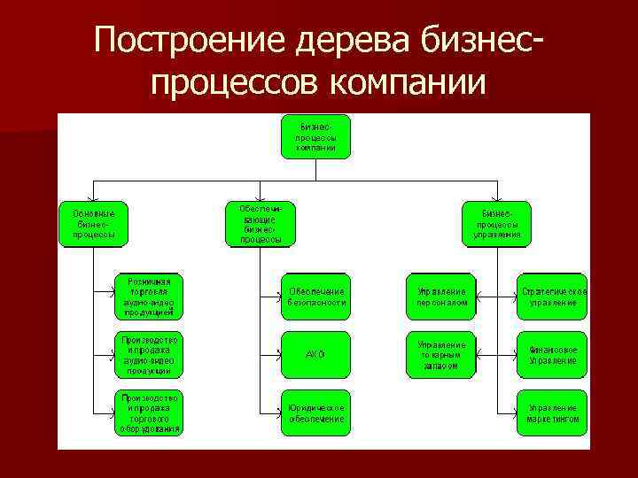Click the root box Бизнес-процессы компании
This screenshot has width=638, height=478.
click(x=315, y=136)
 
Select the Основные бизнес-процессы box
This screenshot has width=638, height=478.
click(x=93, y=224)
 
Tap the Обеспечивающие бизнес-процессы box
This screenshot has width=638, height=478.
click(x=260, y=223)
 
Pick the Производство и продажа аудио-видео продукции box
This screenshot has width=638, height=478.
click(x=149, y=354)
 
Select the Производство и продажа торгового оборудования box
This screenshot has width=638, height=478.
click(x=149, y=412)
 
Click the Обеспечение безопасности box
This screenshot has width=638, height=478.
click(x=315, y=297)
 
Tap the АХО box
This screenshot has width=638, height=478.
click(x=315, y=354)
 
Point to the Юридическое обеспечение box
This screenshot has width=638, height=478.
click(x=315, y=412)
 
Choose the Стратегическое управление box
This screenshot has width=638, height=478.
click(x=553, y=297)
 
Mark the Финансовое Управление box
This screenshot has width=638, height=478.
click(x=553, y=354)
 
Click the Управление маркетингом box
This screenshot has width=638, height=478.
click(x=553, y=412)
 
